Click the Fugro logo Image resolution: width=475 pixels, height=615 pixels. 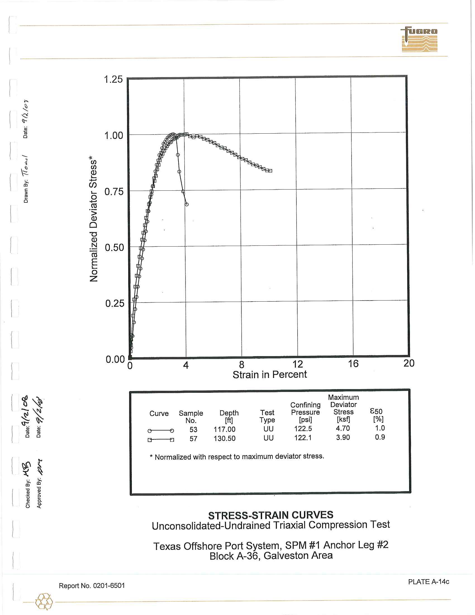tap(419, 39)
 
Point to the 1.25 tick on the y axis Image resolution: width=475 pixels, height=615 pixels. tap(113, 79)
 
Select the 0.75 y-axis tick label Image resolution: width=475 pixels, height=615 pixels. tap(114, 192)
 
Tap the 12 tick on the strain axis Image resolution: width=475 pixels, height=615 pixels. tap(298, 364)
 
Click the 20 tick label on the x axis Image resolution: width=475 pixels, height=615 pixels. tap(408, 363)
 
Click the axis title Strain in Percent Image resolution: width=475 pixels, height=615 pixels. tap(269, 375)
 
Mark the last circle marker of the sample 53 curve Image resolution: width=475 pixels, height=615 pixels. tap(187, 204)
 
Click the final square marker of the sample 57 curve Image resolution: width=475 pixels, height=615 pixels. tap(270, 171)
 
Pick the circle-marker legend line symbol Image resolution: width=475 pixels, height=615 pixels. tap(161, 430)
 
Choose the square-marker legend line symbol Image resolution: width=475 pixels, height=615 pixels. tap(161, 439)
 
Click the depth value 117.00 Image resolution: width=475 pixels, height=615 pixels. tap(224, 429)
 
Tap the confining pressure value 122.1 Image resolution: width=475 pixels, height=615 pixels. tap(303, 438)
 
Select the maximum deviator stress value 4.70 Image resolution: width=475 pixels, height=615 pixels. tap(343, 428)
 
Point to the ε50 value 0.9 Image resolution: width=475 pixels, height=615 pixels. tap(380, 437)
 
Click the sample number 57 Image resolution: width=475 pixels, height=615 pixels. tap(193, 439)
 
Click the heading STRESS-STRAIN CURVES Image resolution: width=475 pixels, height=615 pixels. tap(270, 515)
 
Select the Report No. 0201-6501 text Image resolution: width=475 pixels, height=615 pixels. tap(92, 586)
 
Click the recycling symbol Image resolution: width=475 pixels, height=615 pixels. tap(44, 602)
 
